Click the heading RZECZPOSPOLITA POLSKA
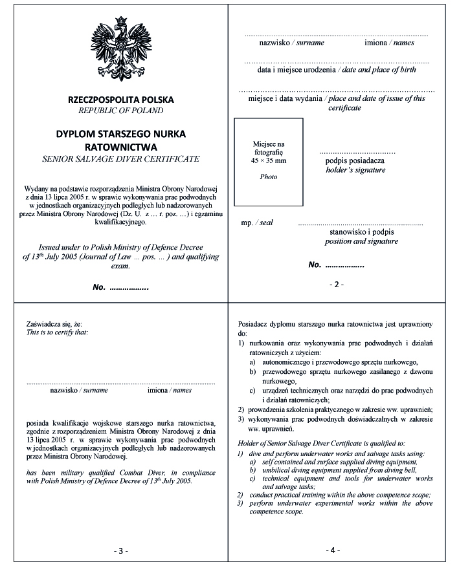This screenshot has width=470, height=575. pos(121,100)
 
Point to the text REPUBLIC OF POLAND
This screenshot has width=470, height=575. pos(121,111)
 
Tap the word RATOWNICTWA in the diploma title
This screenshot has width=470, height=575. pos(121,146)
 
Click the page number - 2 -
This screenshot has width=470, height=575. pos(337,284)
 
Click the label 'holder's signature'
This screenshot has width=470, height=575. pos(355,170)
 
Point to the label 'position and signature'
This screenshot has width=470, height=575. pos(361,241)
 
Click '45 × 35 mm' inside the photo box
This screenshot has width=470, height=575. pos(269,160)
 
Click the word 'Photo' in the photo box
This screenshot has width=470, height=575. pos(269,177)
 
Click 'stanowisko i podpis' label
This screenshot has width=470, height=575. pos(362,232)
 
